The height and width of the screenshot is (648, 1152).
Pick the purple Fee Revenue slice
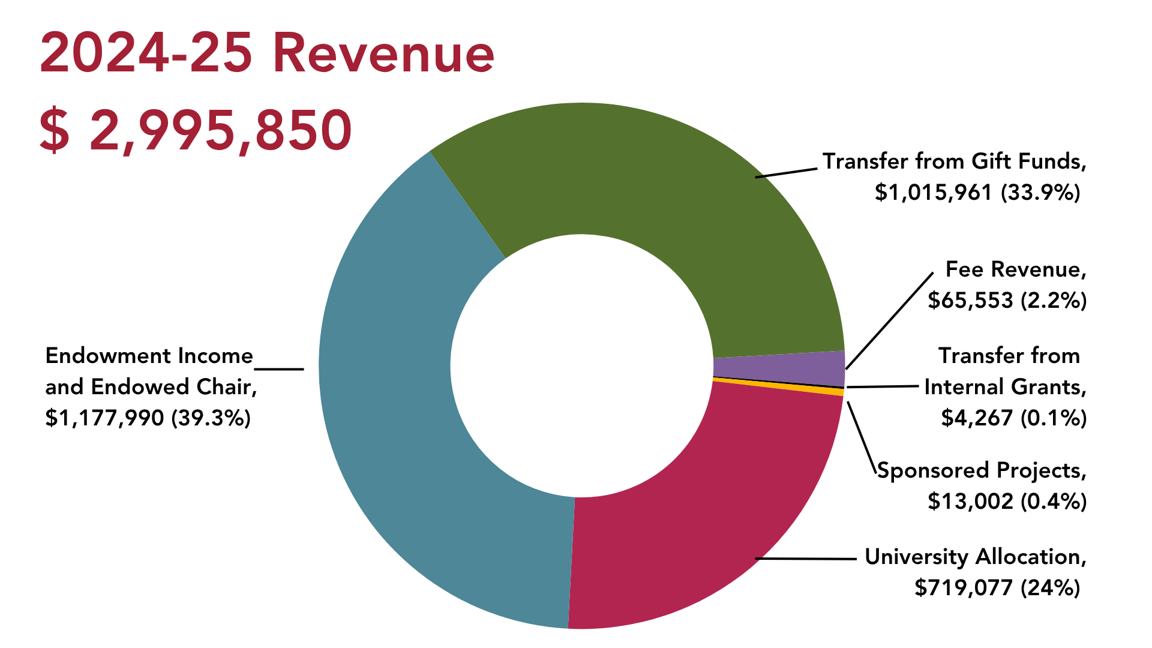780,367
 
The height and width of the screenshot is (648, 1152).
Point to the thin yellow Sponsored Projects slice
780,385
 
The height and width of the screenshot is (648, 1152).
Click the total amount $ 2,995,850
196,130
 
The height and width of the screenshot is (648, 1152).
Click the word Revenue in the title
383,54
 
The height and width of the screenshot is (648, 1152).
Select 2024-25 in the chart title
146,54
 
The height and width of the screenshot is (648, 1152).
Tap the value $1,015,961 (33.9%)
977,193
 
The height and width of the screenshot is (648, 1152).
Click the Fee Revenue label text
1015,269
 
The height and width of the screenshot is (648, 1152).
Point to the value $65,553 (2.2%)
1007,300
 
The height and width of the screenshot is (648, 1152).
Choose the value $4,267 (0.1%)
1013,418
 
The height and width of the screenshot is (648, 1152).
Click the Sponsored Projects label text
982,470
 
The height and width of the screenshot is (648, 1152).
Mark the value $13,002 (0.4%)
1007,501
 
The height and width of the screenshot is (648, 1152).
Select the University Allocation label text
975,557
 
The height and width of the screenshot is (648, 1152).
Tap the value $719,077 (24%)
997,587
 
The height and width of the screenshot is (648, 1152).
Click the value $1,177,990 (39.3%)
148,418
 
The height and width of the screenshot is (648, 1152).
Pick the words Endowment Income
149,356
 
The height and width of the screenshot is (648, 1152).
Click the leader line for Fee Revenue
889,321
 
